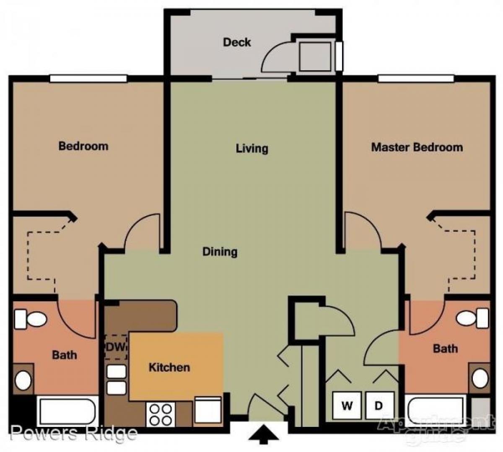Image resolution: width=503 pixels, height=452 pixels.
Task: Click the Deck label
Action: coord(237,42)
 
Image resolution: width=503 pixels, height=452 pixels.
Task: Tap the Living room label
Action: coord(251,148)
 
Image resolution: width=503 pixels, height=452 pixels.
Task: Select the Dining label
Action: coord(220,252)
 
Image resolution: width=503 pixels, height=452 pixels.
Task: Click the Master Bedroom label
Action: coord(417,147)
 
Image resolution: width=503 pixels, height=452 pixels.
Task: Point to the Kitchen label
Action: coord(169,367)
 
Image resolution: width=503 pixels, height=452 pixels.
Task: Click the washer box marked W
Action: coord(347,406)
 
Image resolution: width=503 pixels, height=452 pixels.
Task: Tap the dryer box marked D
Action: coord(379,406)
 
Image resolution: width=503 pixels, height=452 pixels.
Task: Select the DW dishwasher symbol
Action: coord(115,347)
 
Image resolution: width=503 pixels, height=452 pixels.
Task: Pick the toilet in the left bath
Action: coord(30,320)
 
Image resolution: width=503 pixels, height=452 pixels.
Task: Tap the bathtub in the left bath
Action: coord(67,411)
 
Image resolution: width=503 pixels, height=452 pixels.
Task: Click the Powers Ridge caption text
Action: coord(74,433)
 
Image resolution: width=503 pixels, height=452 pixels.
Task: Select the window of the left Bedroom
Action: coord(88,78)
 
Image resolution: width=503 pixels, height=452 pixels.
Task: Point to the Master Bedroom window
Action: coord(416,78)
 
